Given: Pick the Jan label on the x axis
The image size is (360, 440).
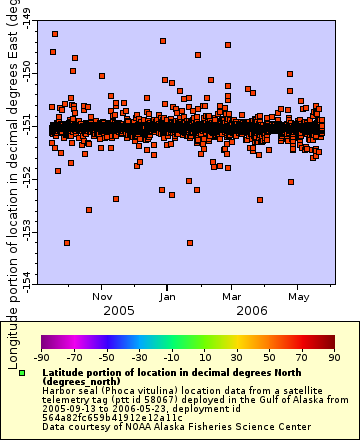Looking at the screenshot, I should pyautogui.click(x=168, y=296).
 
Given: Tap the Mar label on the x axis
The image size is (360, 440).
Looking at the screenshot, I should pyautogui.click(x=232, y=296).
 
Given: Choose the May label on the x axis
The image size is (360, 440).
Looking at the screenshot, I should pyautogui.click(x=298, y=296).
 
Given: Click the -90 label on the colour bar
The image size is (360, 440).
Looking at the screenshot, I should pyautogui.click(x=41, y=356).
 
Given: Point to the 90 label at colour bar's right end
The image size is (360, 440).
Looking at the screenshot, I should pyautogui.click(x=334, y=356).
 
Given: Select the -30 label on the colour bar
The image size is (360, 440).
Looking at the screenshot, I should pyautogui.click(x=139, y=356).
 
